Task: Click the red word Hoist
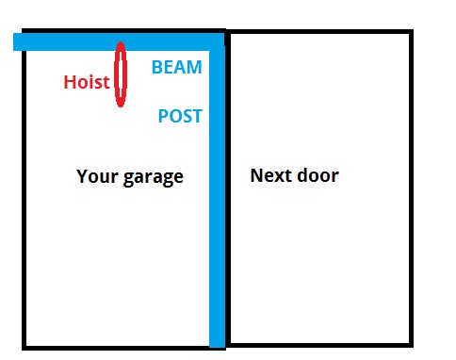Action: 87,82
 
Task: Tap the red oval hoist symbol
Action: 121,74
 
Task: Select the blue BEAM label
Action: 177,68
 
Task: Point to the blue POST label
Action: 180,117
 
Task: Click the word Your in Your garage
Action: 95,176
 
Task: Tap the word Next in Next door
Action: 269,175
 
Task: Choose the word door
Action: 318,175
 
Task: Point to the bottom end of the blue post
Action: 217,341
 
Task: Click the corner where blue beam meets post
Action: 217,41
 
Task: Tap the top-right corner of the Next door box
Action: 411,33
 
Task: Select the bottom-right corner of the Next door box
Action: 411,341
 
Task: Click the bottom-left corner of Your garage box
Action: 24,345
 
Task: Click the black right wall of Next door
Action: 411,188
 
